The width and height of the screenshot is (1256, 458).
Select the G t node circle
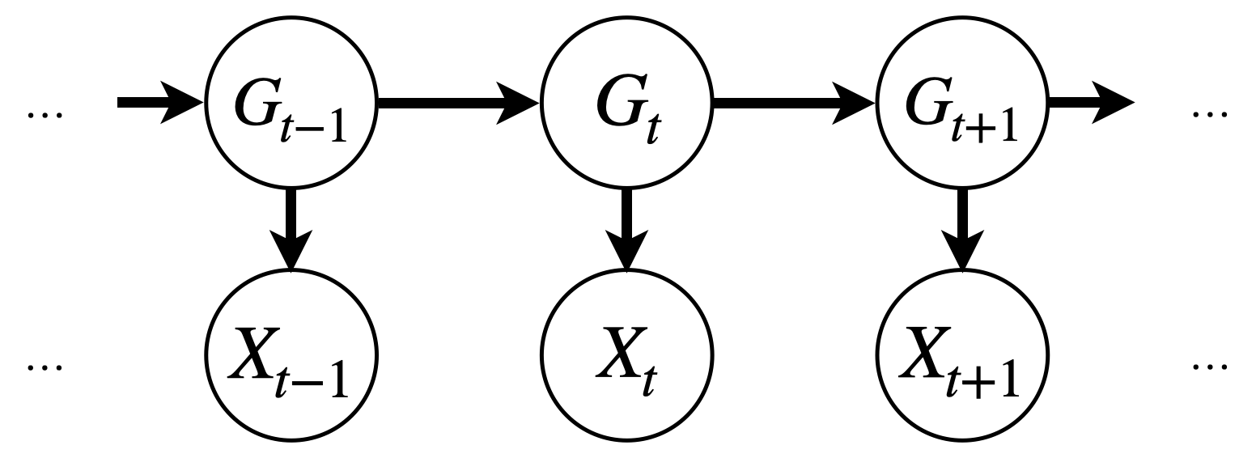(x=626, y=103)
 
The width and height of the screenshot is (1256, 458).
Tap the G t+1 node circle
(x=961, y=103)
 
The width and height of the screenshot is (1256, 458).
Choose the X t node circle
(x=626, y=354)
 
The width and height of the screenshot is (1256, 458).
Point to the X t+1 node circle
(x=961, y=354)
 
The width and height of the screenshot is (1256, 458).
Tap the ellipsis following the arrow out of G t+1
(x=1211, y=115)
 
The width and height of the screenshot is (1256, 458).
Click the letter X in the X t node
(x=619, y=350)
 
